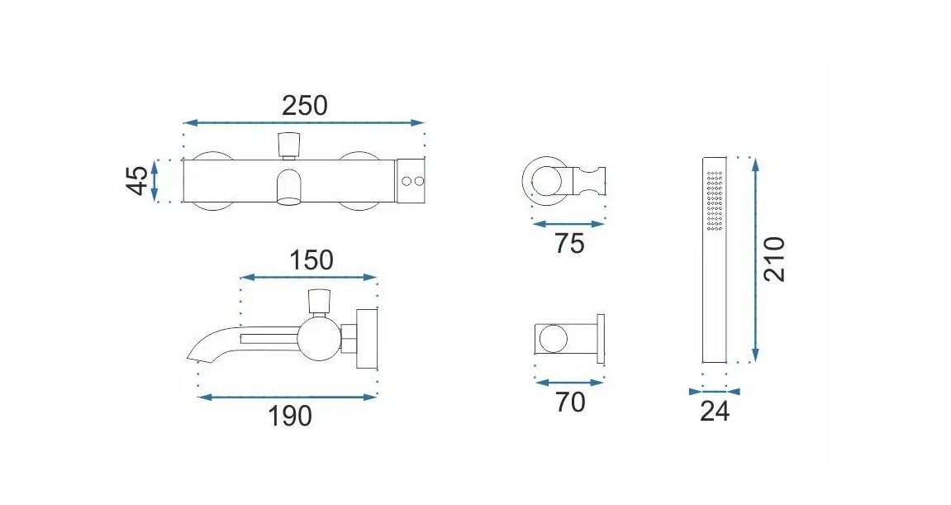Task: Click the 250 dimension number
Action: [304, 106]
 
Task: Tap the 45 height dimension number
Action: [138, 181]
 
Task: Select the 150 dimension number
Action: [311, 260]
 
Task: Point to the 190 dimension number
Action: [290, 416]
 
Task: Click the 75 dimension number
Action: [569, 243]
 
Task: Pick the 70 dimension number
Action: [570, 402]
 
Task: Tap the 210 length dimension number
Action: [774, 260]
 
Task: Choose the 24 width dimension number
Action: [715, 412]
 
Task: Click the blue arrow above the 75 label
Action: [568, 224]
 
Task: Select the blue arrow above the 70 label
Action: [569, 383]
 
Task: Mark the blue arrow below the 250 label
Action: [304, 122]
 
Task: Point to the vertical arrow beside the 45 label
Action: [155, 181]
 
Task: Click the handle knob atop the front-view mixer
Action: [288, 144]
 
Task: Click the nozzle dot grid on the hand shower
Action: [715, 200]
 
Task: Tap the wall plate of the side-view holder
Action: [601, 339]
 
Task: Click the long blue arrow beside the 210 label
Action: [755, 260]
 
